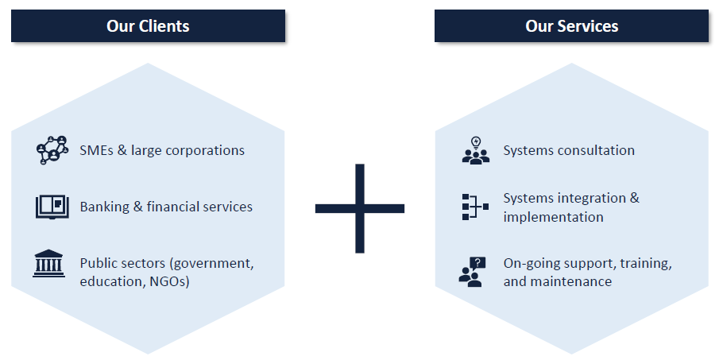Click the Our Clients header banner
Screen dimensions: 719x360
(148, 25)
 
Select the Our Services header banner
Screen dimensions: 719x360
(571, 25)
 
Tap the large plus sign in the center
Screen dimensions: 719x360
(360, 208)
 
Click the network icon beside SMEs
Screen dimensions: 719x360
(52, 150)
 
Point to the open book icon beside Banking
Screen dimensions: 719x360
(52, 207)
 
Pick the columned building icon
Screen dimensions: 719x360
(48, 263)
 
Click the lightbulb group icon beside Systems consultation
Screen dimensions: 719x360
(476, 150)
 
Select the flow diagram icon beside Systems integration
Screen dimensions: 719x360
(475, 207)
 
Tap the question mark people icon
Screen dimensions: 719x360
(472, 272)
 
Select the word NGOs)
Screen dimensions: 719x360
(170, 281)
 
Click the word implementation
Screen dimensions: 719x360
(554, 218)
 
